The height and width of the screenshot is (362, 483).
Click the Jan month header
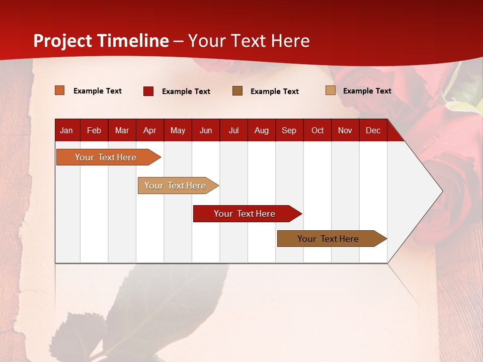tap(66, 131)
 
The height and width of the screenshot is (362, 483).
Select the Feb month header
tap(94, 131)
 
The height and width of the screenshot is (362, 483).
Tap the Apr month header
tap(150, 131)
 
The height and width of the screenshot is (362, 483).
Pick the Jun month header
tap(206, 131)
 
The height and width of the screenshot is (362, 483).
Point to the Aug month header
tap(262, 131)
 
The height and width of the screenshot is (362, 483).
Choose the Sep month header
tap(289, 131)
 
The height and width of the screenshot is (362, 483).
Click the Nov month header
tap(345, 131)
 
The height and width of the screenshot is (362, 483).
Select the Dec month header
tap(373, 131)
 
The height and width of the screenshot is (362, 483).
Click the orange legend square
tap(60, 90)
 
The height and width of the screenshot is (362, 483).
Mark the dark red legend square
tap(148, 91)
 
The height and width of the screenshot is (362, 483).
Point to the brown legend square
tap(237, 91)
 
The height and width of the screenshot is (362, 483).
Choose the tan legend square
tap(331, 90)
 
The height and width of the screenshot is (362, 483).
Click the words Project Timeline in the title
tap(101, 41)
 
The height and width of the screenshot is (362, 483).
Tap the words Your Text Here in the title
tap(249, 41)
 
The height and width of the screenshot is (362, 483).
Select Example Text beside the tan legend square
tap(367, 91)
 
